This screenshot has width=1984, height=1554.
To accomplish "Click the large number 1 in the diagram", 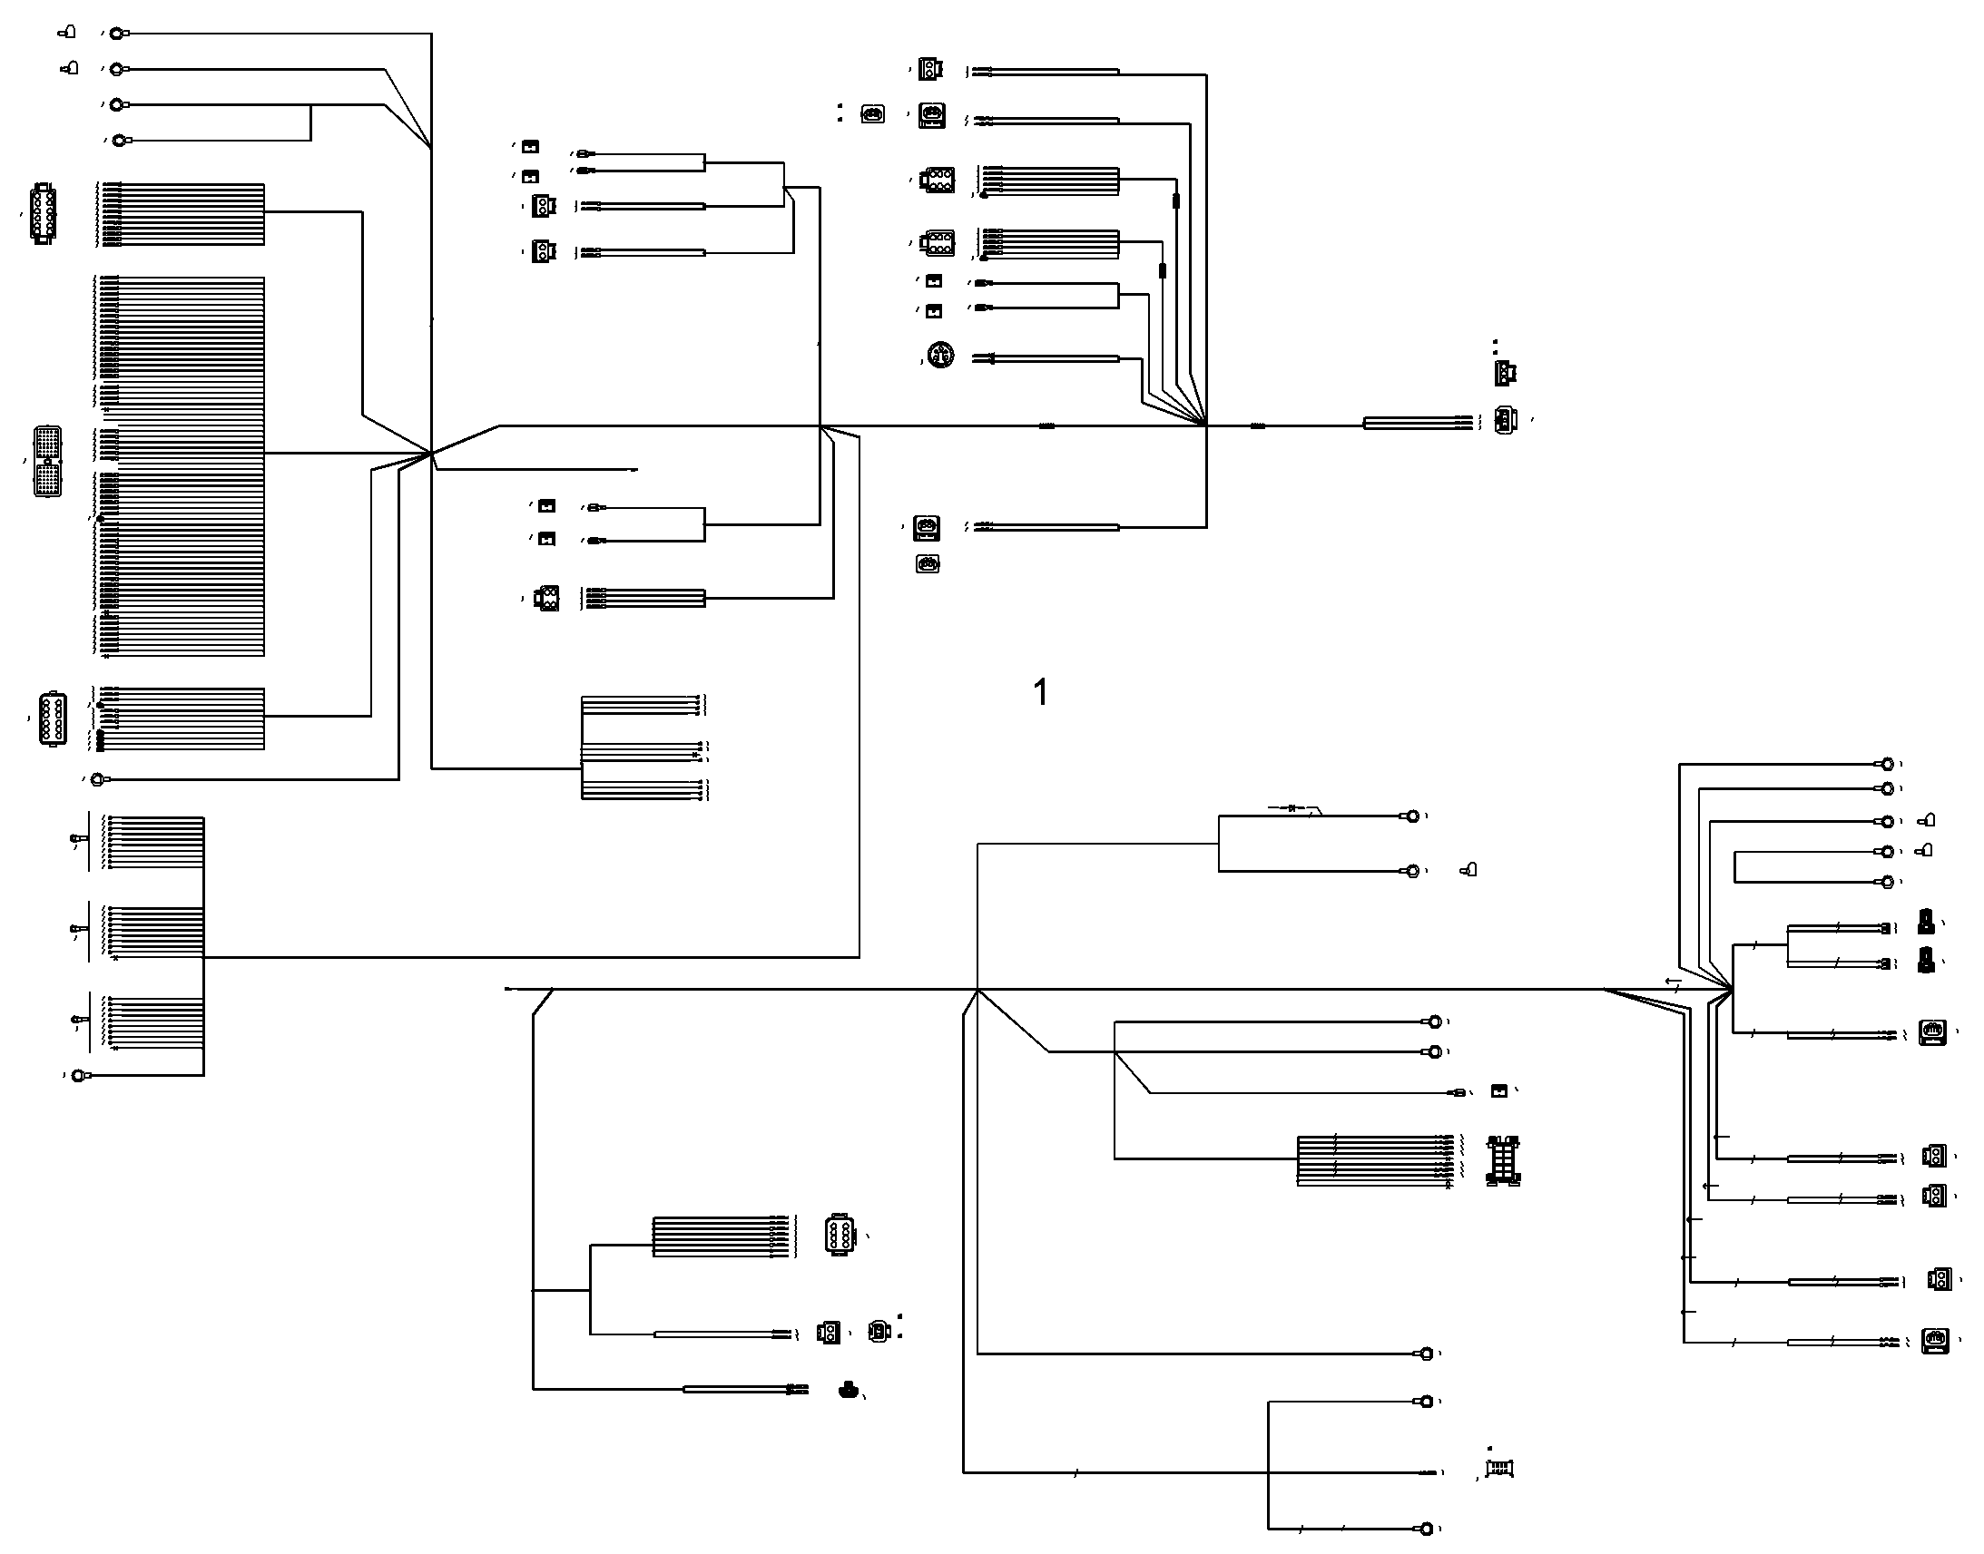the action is coord(1041,692).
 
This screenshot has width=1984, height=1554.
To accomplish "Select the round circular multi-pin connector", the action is coord(940,355).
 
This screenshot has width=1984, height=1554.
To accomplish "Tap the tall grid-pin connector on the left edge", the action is coord(48,461).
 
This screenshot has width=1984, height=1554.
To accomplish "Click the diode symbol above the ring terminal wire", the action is coord(1292,808).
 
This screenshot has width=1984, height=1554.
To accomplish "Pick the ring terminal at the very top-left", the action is coord(117,34).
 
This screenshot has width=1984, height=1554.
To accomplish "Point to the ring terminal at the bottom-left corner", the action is coord(81,1075).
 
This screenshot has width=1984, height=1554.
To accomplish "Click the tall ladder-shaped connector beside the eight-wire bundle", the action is coord(1504,1160).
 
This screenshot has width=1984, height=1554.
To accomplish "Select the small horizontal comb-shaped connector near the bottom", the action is coord(1499,1468).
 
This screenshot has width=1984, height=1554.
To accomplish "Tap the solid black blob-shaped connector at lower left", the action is coord(849,1389).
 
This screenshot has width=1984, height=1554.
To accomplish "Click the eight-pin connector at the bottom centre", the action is coord(840,1236).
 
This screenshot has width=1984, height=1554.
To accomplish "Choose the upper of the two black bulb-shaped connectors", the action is coord(1926,922).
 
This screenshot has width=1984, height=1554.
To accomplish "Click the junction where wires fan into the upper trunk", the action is coord(1206,425).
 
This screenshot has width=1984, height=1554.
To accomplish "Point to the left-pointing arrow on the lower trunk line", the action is coord(1673,982).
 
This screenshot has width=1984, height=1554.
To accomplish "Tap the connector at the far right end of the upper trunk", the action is coord(1507,419).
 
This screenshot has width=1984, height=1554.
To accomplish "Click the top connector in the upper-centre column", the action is coord(928,69).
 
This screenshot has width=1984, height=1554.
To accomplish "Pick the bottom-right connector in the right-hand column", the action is coord(1935,1341).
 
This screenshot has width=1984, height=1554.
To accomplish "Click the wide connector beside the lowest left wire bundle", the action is coord(53,719).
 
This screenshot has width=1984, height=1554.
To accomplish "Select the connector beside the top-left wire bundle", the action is coord(43,214).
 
